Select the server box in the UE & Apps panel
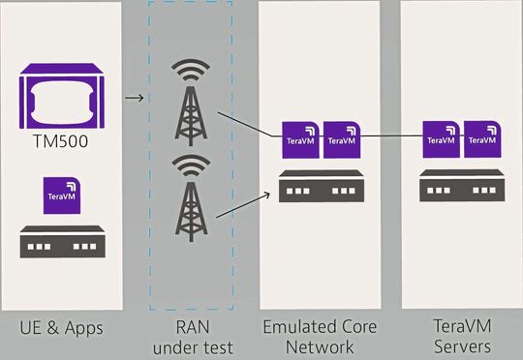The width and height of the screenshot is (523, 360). coord(61,241)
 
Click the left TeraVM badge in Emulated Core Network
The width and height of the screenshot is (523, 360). coord(301,139)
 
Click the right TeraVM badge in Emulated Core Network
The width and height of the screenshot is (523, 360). coord(342,139)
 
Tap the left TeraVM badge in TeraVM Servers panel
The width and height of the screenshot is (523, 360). coord(442,139)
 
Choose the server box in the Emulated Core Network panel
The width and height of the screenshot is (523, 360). coord(322,186)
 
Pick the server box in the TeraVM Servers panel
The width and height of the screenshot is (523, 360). coord(461,186)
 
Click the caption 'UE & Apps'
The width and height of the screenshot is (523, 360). coord(61,329)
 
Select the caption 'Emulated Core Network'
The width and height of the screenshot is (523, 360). coord(322,337)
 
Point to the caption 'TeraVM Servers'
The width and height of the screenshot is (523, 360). coord(461,337)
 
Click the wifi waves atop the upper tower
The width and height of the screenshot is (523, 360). coord(189,74)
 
